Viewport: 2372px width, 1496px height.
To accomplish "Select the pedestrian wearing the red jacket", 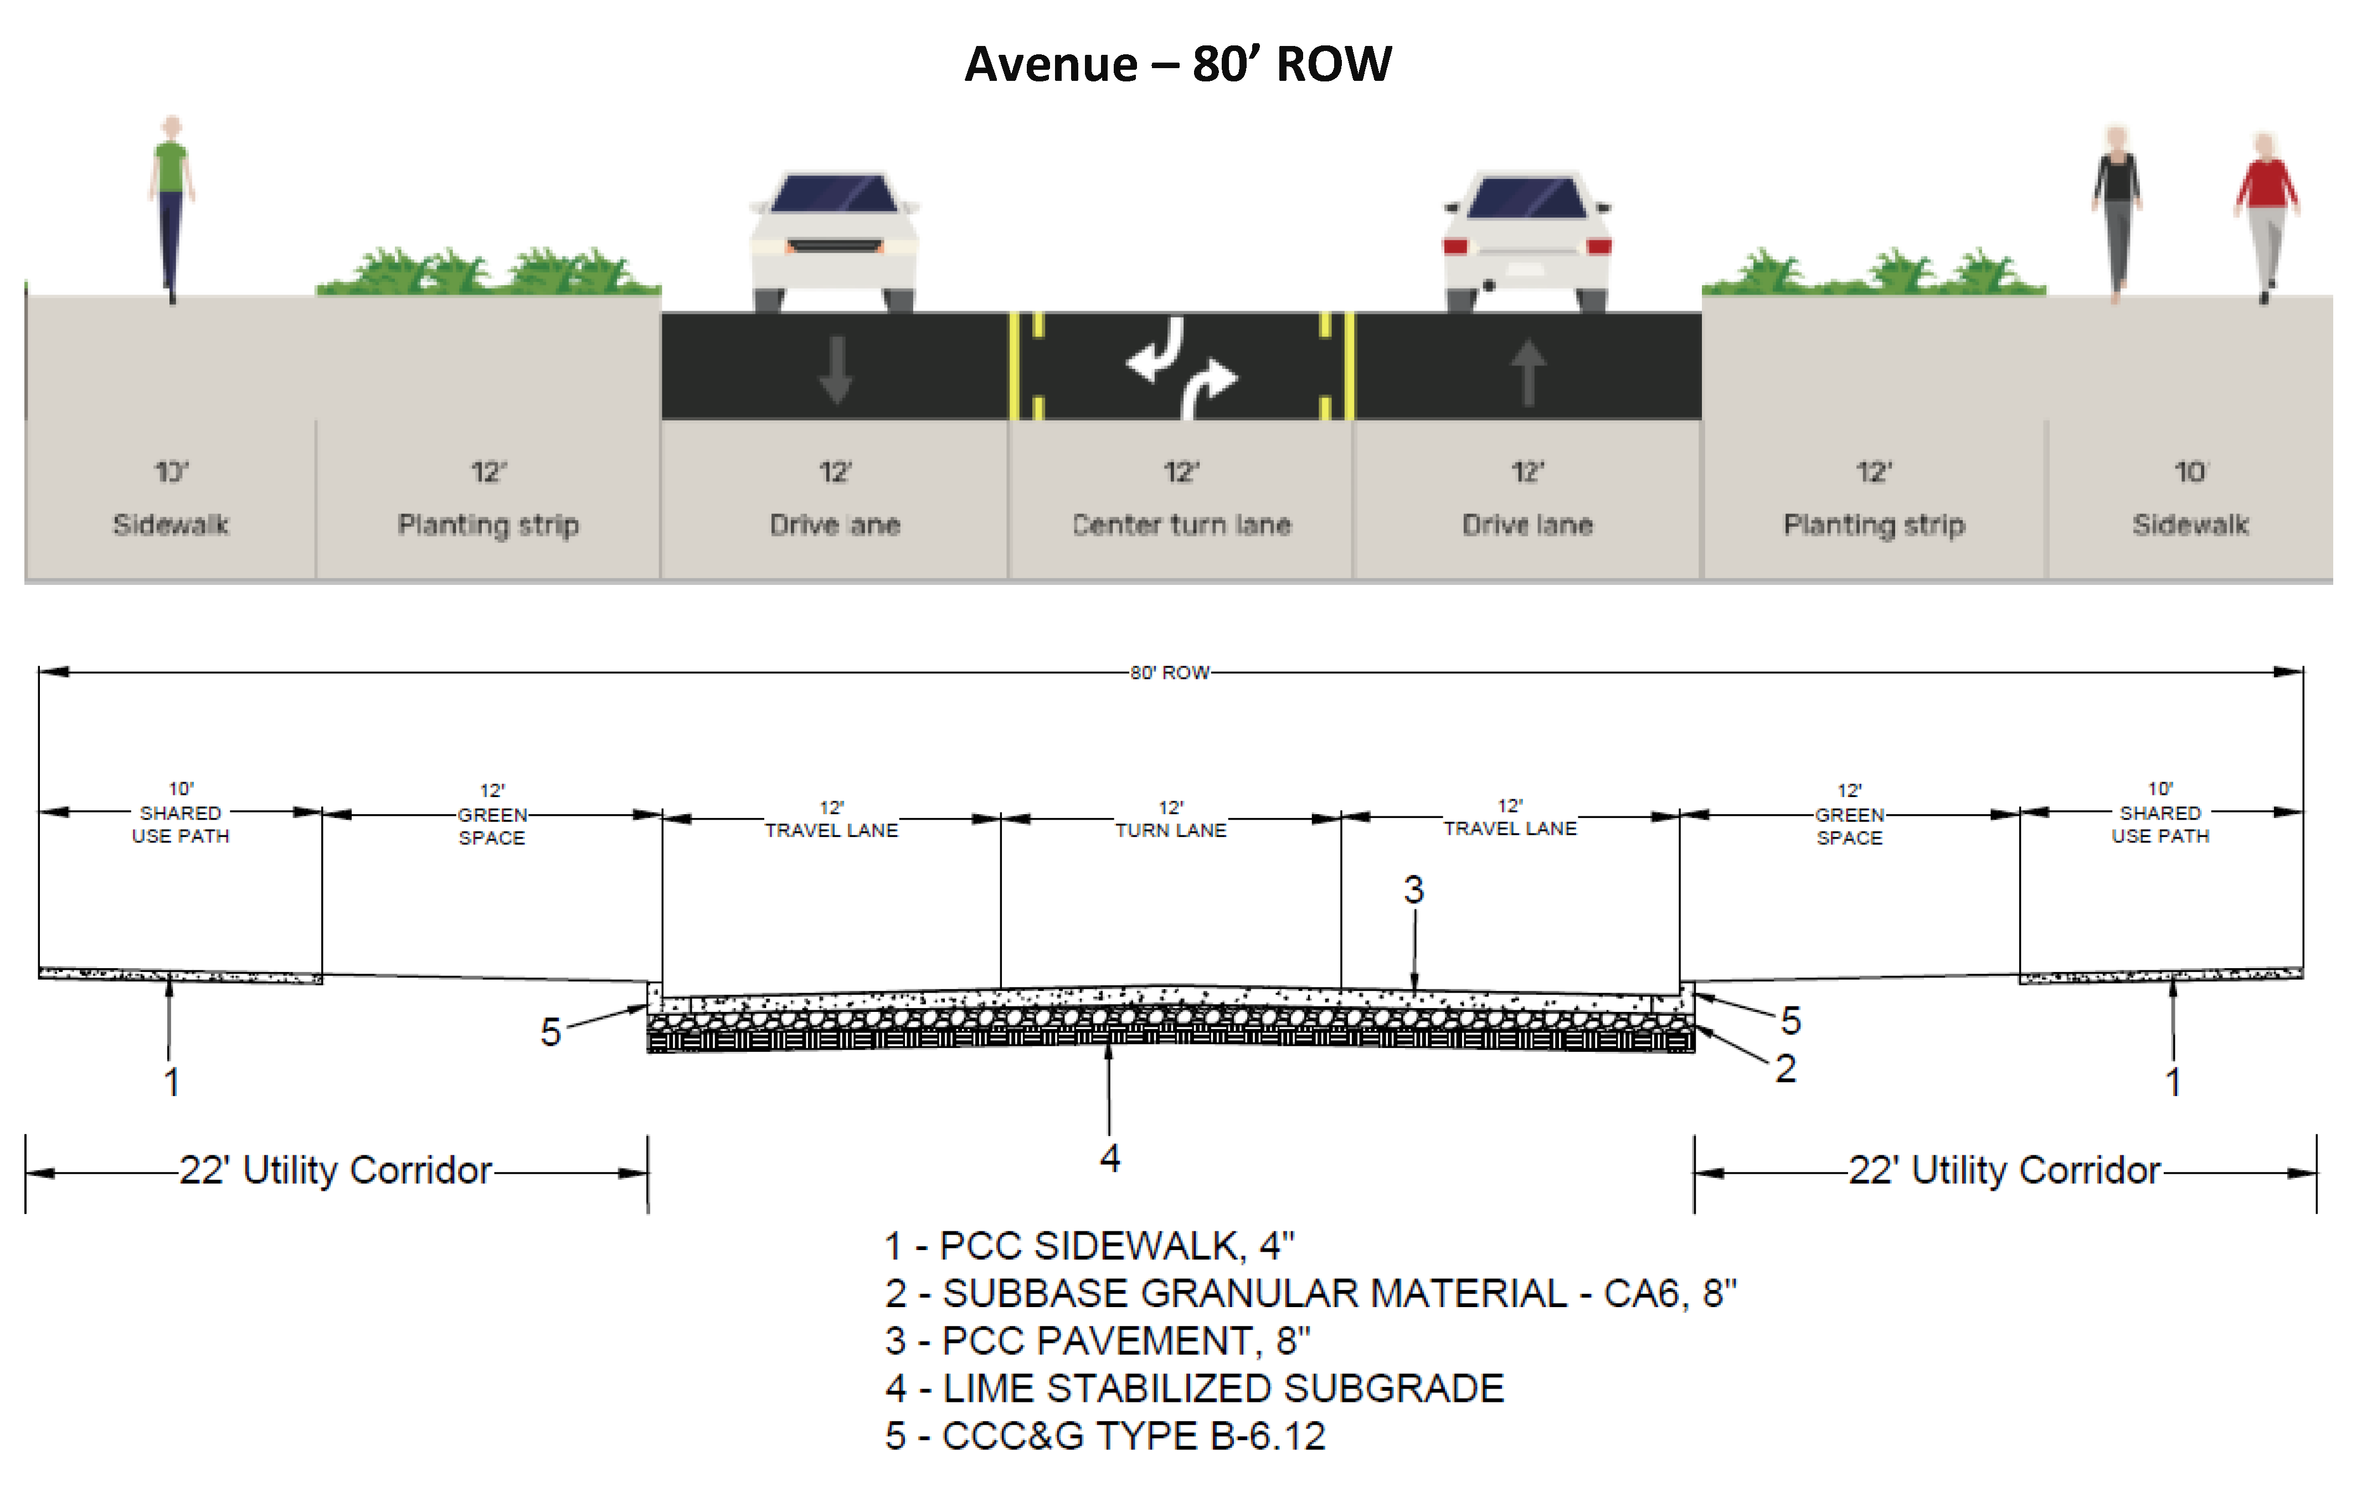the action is coord(2266,212).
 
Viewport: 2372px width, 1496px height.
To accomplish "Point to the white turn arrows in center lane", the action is coord(1181,366).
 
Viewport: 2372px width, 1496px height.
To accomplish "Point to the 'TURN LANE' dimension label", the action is coord(1170,830).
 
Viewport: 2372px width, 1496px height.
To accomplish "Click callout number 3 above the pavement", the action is coord(1413,890).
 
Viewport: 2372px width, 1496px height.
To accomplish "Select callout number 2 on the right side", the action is coord(1785,1068).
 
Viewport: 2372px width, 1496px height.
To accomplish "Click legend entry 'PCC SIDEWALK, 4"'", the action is coord(1088,1246).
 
